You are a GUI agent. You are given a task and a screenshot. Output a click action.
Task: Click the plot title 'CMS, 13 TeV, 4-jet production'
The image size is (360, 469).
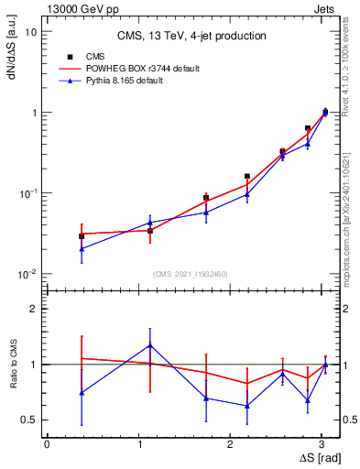[191, 36]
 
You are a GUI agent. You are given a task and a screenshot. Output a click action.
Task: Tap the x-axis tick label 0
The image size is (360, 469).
[47, 443]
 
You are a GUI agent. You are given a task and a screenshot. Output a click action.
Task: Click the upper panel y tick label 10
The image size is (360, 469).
[30, 32]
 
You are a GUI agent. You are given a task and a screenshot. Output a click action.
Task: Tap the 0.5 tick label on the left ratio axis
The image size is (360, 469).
[28, 420]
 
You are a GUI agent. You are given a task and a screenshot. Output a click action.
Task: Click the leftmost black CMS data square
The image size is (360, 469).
[82, 236]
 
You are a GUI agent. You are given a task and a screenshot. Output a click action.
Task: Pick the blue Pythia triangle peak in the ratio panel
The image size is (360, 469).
[150, 345]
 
